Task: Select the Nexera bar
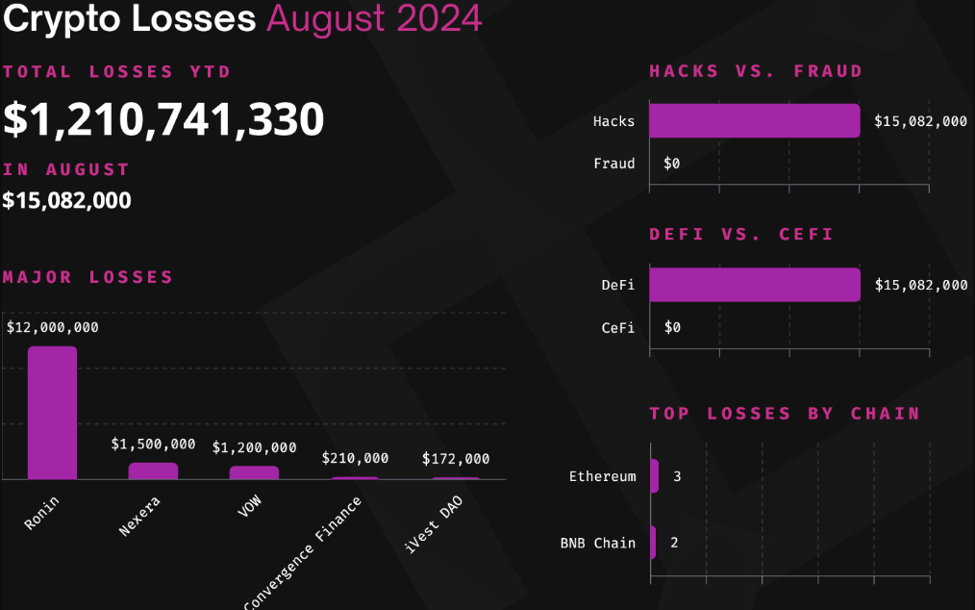click(x=153, y=470)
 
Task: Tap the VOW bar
click(x=254, y=472)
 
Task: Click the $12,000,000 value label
click(x=53, y=327)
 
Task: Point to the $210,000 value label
click(x=355, y=459)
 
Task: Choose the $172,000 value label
click(x=456, y=459)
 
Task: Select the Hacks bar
click(x=754, y=121)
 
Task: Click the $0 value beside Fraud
click(x=671, y=164)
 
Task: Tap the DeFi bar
click(x=754, y=285)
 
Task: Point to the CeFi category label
click(x=618, y=327)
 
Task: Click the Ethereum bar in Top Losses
click(x=655, y=476)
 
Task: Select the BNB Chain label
click(x=598, y=543)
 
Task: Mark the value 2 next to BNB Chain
click(x=674, y=543)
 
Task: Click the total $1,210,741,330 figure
click(x=163, y=119)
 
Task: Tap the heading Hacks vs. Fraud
click(x=756, y=71)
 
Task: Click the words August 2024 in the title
click(x=374, y=18)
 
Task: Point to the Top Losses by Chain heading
click(x=785, y=414)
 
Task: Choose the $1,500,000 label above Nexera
click(x=153, y=445)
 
